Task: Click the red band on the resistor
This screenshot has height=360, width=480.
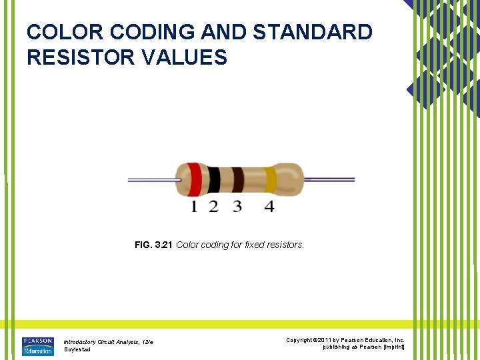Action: pyautogui.click(x=194, y=180)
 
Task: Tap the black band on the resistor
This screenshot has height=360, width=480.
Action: pyautogui.click(x=214, y=180)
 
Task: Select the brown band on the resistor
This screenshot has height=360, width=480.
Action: pyautogui.click(x=237, y=180)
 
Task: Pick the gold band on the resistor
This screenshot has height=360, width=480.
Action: pyautogui.click(x=270, y=180)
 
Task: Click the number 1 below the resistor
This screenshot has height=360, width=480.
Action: pyautogui.click(x=194, y=207)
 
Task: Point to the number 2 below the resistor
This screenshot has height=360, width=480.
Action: pyautogui.click(x=213, y=207)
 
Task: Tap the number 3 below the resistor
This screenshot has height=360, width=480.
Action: pyautogui.click(x=237, y=207)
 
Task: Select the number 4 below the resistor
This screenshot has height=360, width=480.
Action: pyautogui.click(x=269, y=207)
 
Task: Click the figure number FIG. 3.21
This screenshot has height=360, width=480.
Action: pyautogui.click(x=154, y=245)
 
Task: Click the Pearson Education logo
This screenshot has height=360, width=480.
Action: pyautogui.click(x=37, y=346)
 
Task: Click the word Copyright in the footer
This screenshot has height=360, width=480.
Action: pyautogui.click(x=300, y=340)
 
